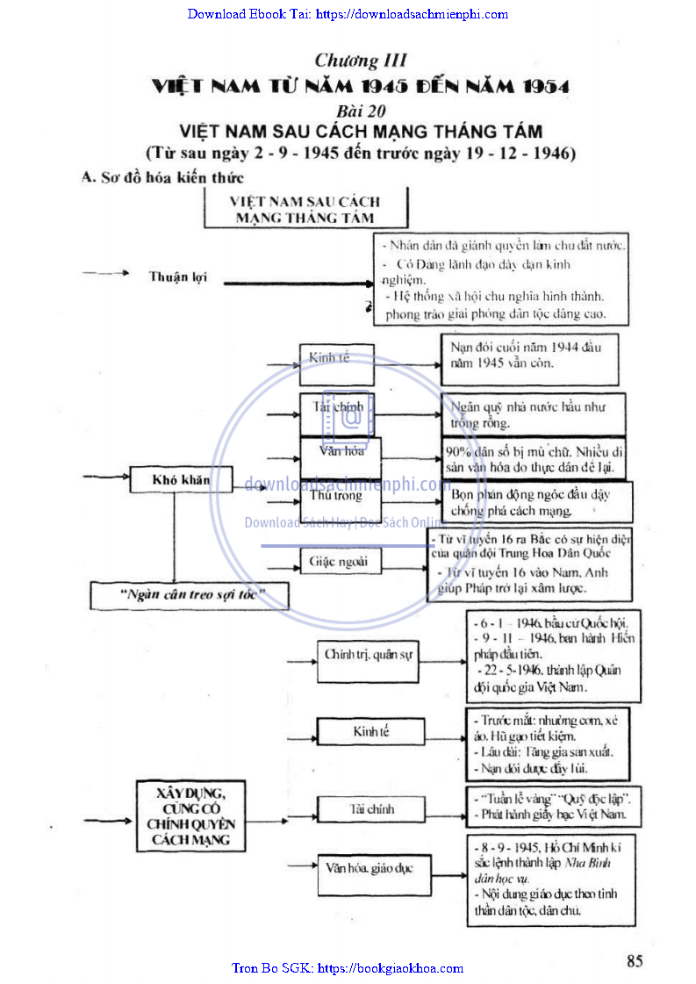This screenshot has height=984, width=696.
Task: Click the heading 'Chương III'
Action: [361, 61]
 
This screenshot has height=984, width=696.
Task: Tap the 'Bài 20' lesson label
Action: [362, 111]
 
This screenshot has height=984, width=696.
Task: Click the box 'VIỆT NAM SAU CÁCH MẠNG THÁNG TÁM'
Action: [305, 211]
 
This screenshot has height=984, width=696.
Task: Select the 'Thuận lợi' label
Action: [172, 277]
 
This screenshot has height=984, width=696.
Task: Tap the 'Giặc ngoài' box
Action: [339, 561]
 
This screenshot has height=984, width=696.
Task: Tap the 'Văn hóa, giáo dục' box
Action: [366, 867]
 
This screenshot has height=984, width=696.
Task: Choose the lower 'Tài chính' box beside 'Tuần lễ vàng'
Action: [371, 808]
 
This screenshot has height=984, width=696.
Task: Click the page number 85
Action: [635, 960]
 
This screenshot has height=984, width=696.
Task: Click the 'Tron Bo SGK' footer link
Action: [348, 968]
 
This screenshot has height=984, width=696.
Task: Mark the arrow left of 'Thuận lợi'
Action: [105, 275]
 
